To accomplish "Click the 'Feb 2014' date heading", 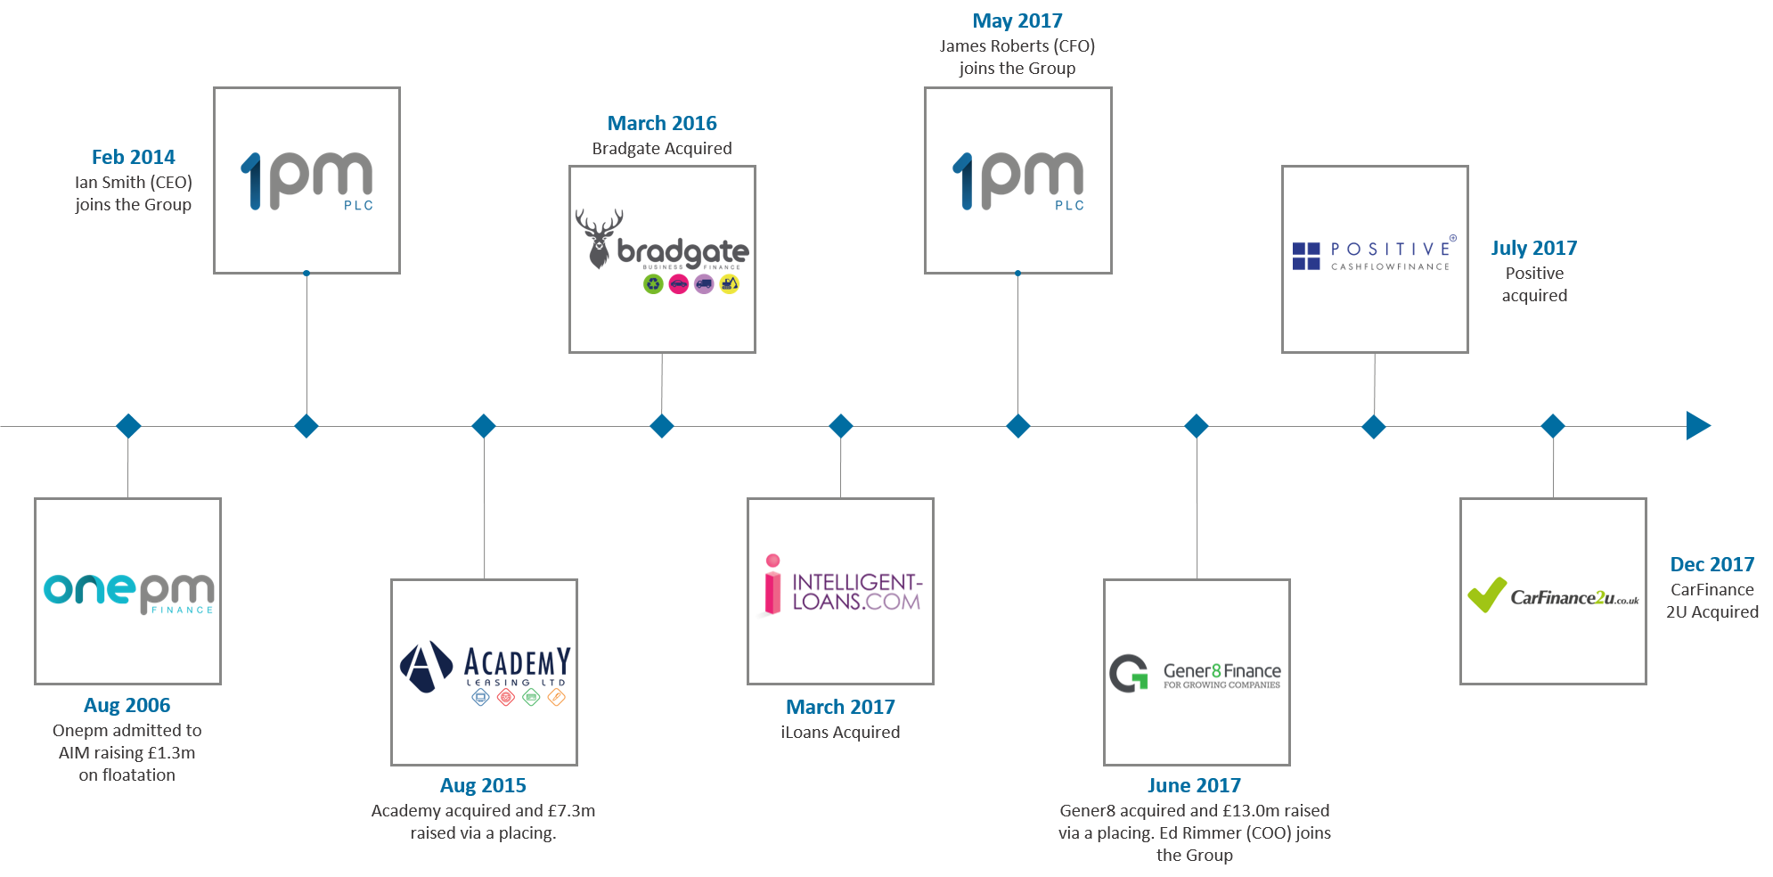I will point(134,157).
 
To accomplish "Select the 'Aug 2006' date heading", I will point(127,705).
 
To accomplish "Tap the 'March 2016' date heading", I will point(662,123).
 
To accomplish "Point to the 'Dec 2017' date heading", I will point(1712,564).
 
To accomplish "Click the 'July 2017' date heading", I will point(1533,248).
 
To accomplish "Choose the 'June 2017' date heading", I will point(1194,785).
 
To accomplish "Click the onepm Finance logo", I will point(128,592).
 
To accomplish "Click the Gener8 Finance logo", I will point(1196,673).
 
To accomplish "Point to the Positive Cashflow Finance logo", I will point(1375,255).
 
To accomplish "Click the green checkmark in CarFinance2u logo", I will point(1486,594).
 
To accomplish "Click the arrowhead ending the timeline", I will point(1697,426).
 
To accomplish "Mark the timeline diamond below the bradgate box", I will point(662,426).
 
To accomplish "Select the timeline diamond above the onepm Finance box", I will point(128,426).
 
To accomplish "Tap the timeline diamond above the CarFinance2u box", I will point(1553,426).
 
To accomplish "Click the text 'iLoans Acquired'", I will point(840,732).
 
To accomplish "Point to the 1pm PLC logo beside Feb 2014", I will point(306,180).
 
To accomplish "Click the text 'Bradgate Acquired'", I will point(662,148).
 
